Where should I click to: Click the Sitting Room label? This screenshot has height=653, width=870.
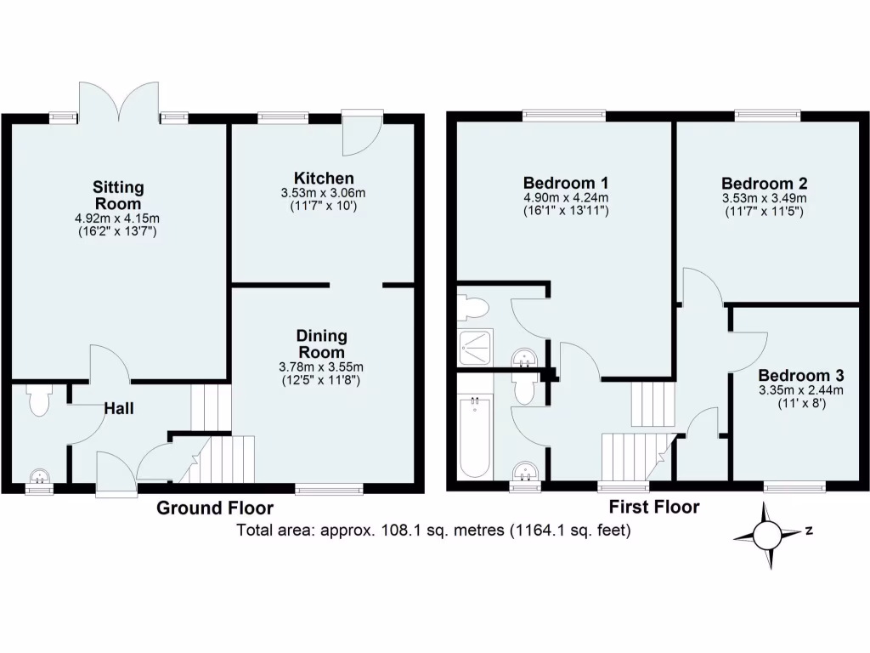point(118,195)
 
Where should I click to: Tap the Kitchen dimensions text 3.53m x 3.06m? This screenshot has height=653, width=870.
point(324,193)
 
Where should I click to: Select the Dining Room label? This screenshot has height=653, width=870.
point(321,344)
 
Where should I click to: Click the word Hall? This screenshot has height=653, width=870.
point(119,409)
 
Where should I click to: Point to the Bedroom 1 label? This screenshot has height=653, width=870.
point(566,183)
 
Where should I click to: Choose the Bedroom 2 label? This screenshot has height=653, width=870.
point(764,184)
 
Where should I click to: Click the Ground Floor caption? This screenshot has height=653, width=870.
point(215,508)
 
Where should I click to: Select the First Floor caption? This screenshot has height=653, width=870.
point(654,507)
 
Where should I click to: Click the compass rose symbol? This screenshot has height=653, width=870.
point(766,536)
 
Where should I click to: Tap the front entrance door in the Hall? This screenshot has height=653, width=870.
point(116,474)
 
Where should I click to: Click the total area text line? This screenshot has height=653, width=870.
point(434,531)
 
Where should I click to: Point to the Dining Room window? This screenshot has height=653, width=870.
point(329,489)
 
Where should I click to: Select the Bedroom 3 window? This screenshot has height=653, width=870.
point(794,487)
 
